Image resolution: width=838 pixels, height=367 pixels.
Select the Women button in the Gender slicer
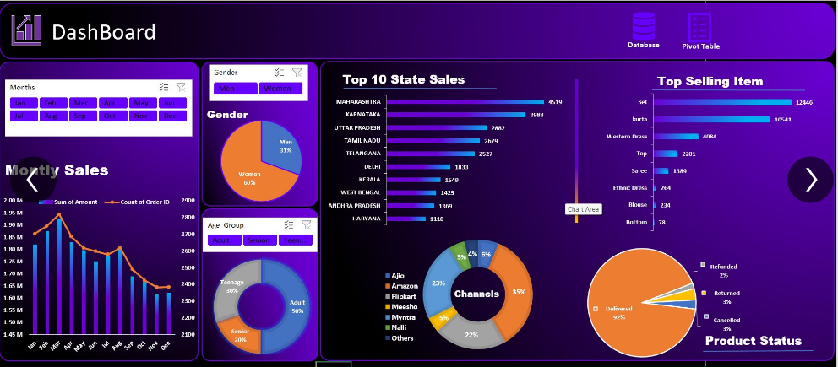click(x=281, y=89)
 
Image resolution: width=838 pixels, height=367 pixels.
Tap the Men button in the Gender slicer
click(x=234, y=89)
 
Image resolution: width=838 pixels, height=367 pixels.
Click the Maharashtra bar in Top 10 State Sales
click(x=465, y=102)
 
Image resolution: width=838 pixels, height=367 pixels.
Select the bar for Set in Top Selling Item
click(x=722, y=102)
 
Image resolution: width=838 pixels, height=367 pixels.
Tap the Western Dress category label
click(x=627, y=136)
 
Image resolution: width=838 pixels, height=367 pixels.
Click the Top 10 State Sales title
click(x=403, y=80)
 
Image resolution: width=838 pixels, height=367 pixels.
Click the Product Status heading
click(x=753, y=341)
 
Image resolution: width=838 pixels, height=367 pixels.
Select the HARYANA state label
click(x=365, y=219)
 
